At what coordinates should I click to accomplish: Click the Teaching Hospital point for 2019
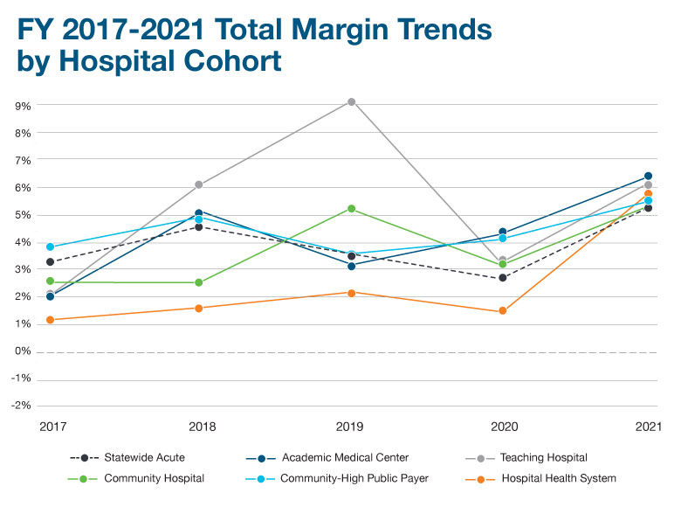tap(351, 102)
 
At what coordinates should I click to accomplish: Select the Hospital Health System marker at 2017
tap(50, 320)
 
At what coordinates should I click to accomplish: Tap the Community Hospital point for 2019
tap(351, 209)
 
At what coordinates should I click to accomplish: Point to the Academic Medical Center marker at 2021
tap(648, 177)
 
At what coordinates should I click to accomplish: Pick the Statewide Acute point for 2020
tap(502, 278)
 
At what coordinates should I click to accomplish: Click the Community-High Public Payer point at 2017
tap(50, 247)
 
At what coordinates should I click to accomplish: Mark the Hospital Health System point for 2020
tap(502, 311)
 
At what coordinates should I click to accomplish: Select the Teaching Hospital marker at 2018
tap(199, 184)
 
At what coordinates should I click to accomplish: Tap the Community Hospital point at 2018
tap(199, 282)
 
